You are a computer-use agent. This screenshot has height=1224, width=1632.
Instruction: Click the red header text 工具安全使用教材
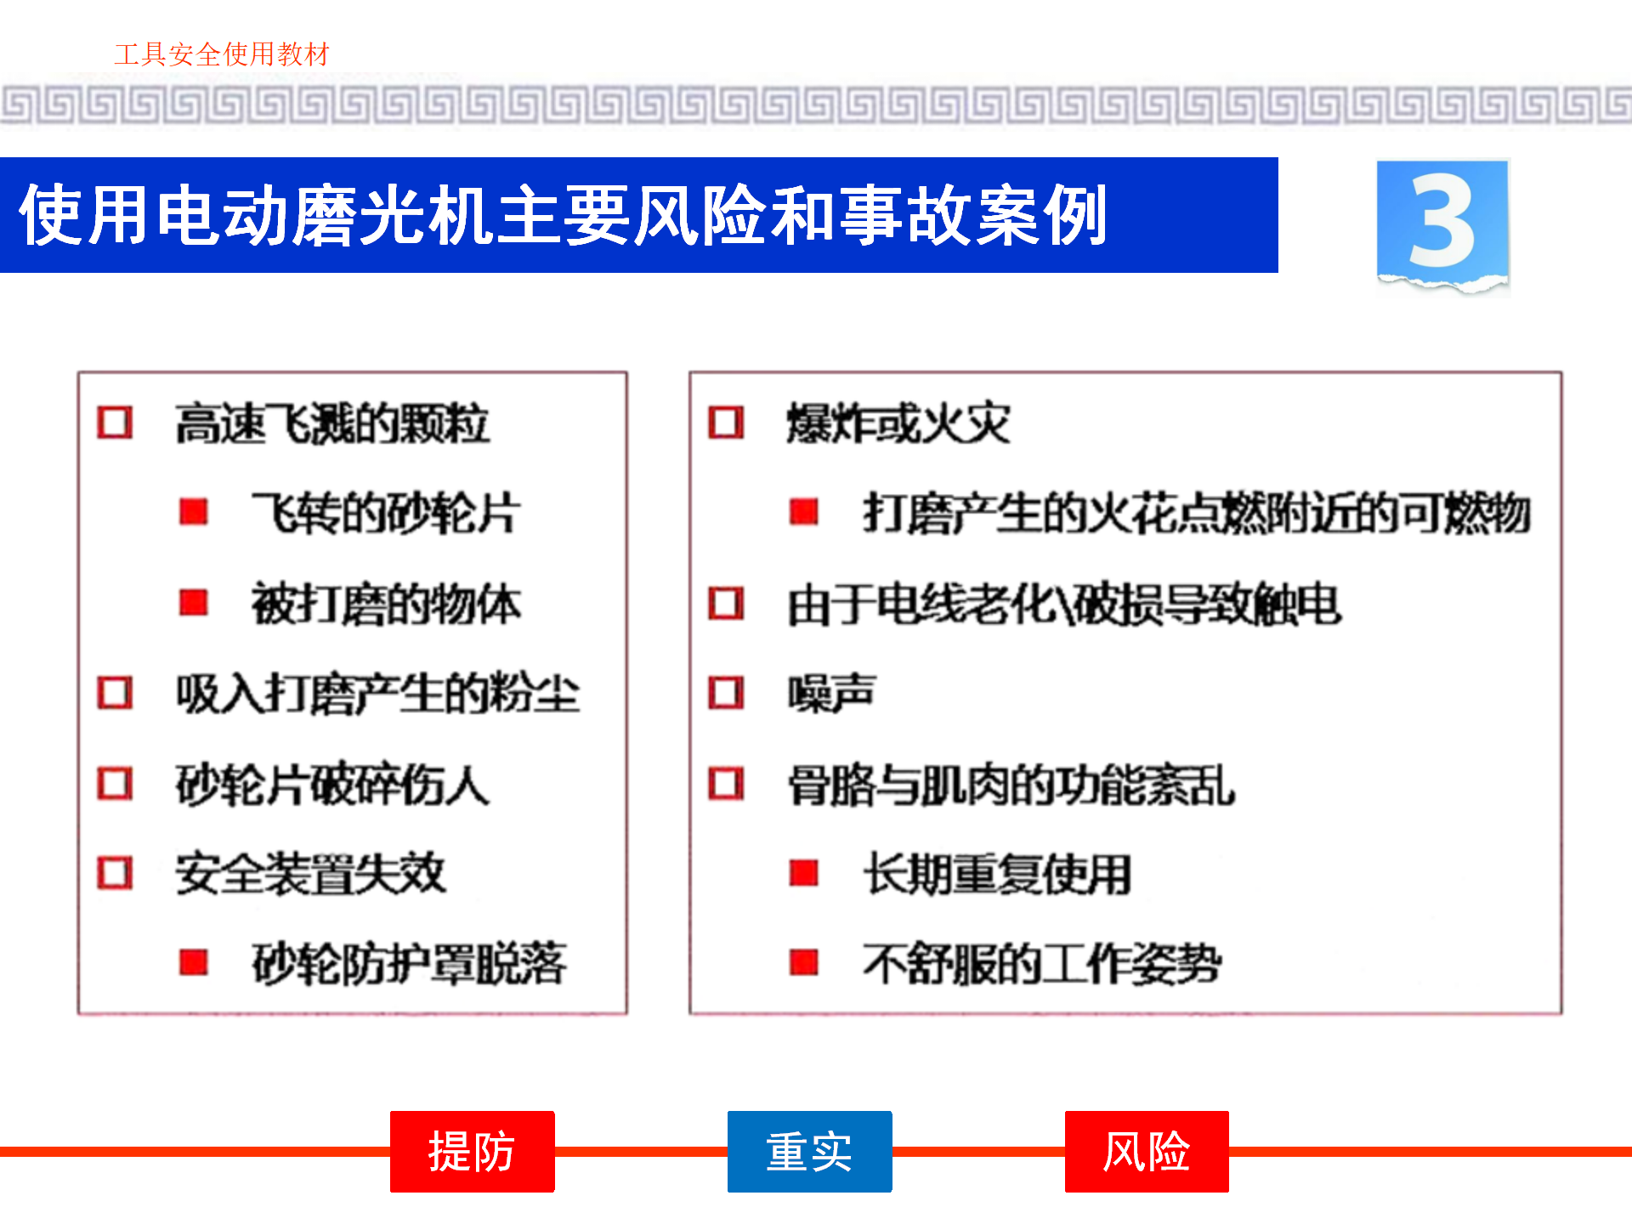point(222,54)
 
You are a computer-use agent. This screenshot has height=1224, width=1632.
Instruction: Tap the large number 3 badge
point(1442,224)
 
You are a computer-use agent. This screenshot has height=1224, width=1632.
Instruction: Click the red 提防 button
point(472,1152)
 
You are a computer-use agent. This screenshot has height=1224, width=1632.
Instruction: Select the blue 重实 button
point(809,1152)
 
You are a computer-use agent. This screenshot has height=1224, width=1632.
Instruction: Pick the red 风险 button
point(1147,1152)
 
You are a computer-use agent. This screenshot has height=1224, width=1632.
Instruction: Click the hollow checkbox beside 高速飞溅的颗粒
point(115,422)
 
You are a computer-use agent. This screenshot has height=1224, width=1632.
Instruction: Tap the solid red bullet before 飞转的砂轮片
point(194,512)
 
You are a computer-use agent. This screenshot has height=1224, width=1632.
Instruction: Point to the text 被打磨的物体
point(386,603)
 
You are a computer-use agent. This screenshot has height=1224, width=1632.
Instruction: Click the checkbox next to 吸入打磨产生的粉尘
point(115,693)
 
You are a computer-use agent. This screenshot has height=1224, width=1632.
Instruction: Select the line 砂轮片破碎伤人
point(332,784)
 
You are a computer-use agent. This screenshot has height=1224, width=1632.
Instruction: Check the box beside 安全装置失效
point(115,873)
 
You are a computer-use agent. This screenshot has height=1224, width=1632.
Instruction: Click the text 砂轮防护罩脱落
point(409,963)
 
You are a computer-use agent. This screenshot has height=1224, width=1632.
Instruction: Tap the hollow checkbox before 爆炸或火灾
point(726,422)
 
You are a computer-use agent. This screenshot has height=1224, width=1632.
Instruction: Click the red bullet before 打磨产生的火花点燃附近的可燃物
point(803,512)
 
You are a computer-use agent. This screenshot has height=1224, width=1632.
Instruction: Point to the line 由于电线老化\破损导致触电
point(1064,604)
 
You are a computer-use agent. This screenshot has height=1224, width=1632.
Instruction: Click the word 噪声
point(831,693)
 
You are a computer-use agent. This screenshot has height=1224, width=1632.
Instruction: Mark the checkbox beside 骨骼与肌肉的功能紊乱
point(726,784)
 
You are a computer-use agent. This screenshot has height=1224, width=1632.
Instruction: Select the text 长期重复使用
point(997,874)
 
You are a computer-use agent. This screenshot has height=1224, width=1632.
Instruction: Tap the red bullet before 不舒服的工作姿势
point(803,963)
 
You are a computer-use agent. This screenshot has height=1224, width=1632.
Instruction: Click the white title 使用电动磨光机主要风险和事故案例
point(563,216)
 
